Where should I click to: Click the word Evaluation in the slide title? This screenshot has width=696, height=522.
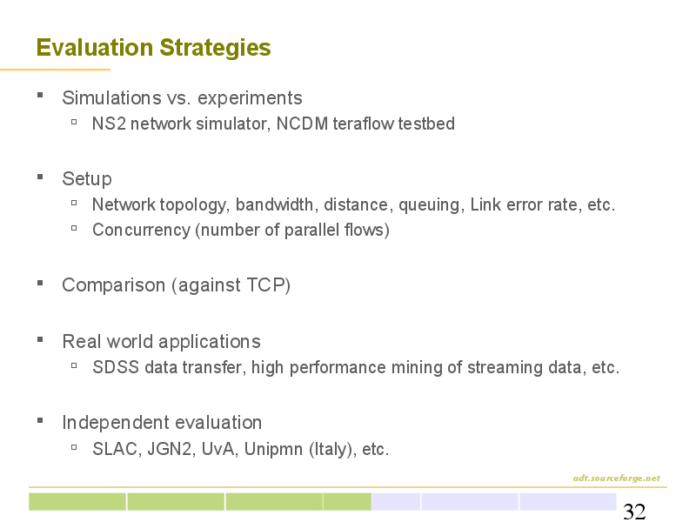[x=95, y=48]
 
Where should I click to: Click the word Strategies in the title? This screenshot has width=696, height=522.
[x=215, y=49]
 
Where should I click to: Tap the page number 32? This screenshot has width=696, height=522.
[x=634, y=512]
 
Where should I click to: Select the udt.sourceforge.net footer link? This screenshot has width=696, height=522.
[x=617, y=478]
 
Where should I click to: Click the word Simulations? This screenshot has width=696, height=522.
[x=111, y=98]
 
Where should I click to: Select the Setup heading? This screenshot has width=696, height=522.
[x=87, y=179]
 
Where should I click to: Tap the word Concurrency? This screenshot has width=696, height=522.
[x=142, y=231]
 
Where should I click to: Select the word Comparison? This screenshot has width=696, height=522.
[x=114, y=286]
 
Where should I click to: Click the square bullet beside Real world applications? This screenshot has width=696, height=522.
[x=40, y=340]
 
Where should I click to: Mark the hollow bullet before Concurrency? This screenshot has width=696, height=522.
[x=74, y=228]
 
